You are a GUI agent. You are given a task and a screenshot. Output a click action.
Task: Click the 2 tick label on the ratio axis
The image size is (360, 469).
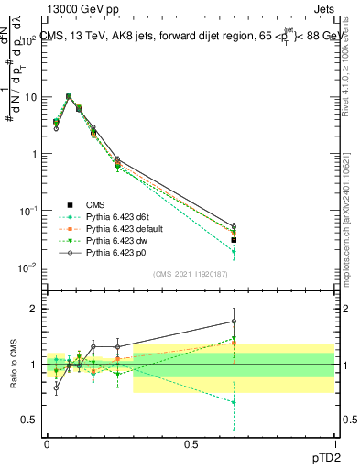click(x=29, y=309)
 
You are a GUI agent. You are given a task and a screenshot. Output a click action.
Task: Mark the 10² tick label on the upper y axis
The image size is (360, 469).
click(x=25, y=40)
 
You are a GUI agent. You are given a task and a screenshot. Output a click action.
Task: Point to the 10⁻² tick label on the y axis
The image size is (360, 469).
click(x=25, y=267)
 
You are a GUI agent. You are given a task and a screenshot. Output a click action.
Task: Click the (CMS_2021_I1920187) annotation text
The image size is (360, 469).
click(x=190, y=274)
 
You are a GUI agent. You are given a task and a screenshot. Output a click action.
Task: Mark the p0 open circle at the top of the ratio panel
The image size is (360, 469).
click(x=234, y=322)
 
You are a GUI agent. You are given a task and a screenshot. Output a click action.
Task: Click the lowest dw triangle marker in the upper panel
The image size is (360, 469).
click(x=234, y=251)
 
